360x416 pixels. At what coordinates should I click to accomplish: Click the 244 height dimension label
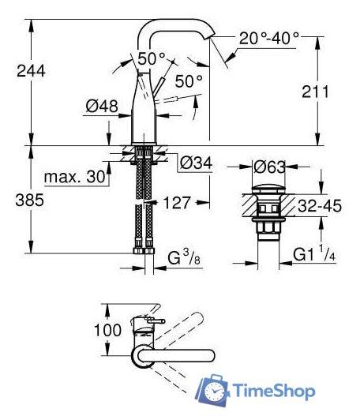click(x=31, y=70)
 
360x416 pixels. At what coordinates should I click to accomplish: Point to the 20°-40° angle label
click(x=269, y=37)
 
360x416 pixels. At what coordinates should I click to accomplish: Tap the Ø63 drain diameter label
click(x=268, y=167)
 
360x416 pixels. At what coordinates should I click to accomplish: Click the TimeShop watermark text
click(x=274, y=391)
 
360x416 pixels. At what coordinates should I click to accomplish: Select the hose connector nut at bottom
click(x=143, y=251)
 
